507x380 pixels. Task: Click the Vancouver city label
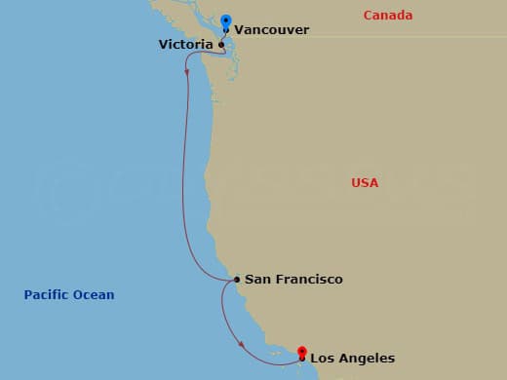click(273, 30)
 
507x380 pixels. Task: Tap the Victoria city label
click(186, 44)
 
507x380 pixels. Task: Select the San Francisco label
click(293, 280)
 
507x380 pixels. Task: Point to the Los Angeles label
click(352, 359)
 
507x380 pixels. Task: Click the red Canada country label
click(387, 16)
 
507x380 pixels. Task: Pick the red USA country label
click(365, 183)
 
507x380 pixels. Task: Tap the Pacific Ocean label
click(69, 295)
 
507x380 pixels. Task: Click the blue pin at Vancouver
click(226, 21)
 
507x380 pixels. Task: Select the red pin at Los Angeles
click(302, 352)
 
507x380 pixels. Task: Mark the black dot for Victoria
click(221, 45)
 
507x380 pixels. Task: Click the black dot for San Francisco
click(237, 281)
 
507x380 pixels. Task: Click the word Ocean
click(95, 295)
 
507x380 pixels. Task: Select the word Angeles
click(368, 359)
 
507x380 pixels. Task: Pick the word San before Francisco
click(256, 280)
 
